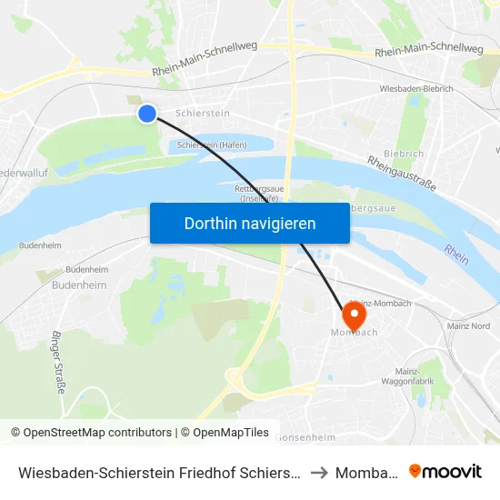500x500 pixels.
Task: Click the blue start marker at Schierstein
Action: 147,114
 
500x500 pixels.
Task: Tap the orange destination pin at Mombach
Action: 353,315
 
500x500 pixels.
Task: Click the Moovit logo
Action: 445,472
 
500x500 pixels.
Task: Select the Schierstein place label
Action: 202,114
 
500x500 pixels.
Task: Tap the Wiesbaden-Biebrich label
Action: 415,90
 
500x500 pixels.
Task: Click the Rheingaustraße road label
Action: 402,173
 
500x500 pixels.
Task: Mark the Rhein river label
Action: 456,254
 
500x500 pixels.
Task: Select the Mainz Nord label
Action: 469,325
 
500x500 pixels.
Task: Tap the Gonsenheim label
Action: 306,437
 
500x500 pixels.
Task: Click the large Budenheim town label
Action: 79,285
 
